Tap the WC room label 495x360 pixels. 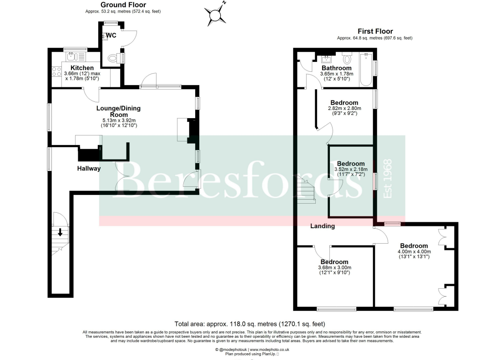pyautogui.click(x=111, y=35)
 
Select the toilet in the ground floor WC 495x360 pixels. pyautogui.click(x=114, y=58)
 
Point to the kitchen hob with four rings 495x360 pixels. pyautogui.click(x=57, y=72)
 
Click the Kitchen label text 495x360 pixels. pyautogui.click(x=82, y=68)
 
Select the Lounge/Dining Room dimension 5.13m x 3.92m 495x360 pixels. pyautogui.click(x=119, y=120)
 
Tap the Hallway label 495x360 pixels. pyautogui.click(x=89, y=169)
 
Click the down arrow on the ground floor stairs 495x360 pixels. pyautogui.click(x=60, y=232)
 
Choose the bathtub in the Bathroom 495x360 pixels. pyautogui.click(x=366, y=70)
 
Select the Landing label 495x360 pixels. pyautogui.click(x=322, y=226)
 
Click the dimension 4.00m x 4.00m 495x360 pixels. pyautogui.click(x=414, y=251)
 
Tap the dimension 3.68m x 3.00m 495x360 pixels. pyautogui.click(x=335, y=268)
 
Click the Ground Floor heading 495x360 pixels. pyautogui.click(x=123, y=5)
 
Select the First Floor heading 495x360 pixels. pyautogui.click(x=375, y=31)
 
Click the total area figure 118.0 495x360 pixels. pyautogui.click(x=235, y=324)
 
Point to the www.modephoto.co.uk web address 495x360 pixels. pyautogui.click(x=270, y=350)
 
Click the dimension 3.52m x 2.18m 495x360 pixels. pyautogui.click(x=351, y=169)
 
